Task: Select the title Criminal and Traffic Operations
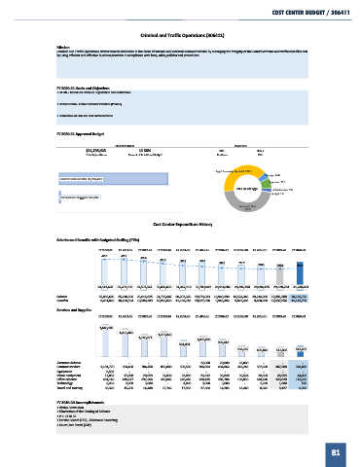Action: [180, 31]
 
